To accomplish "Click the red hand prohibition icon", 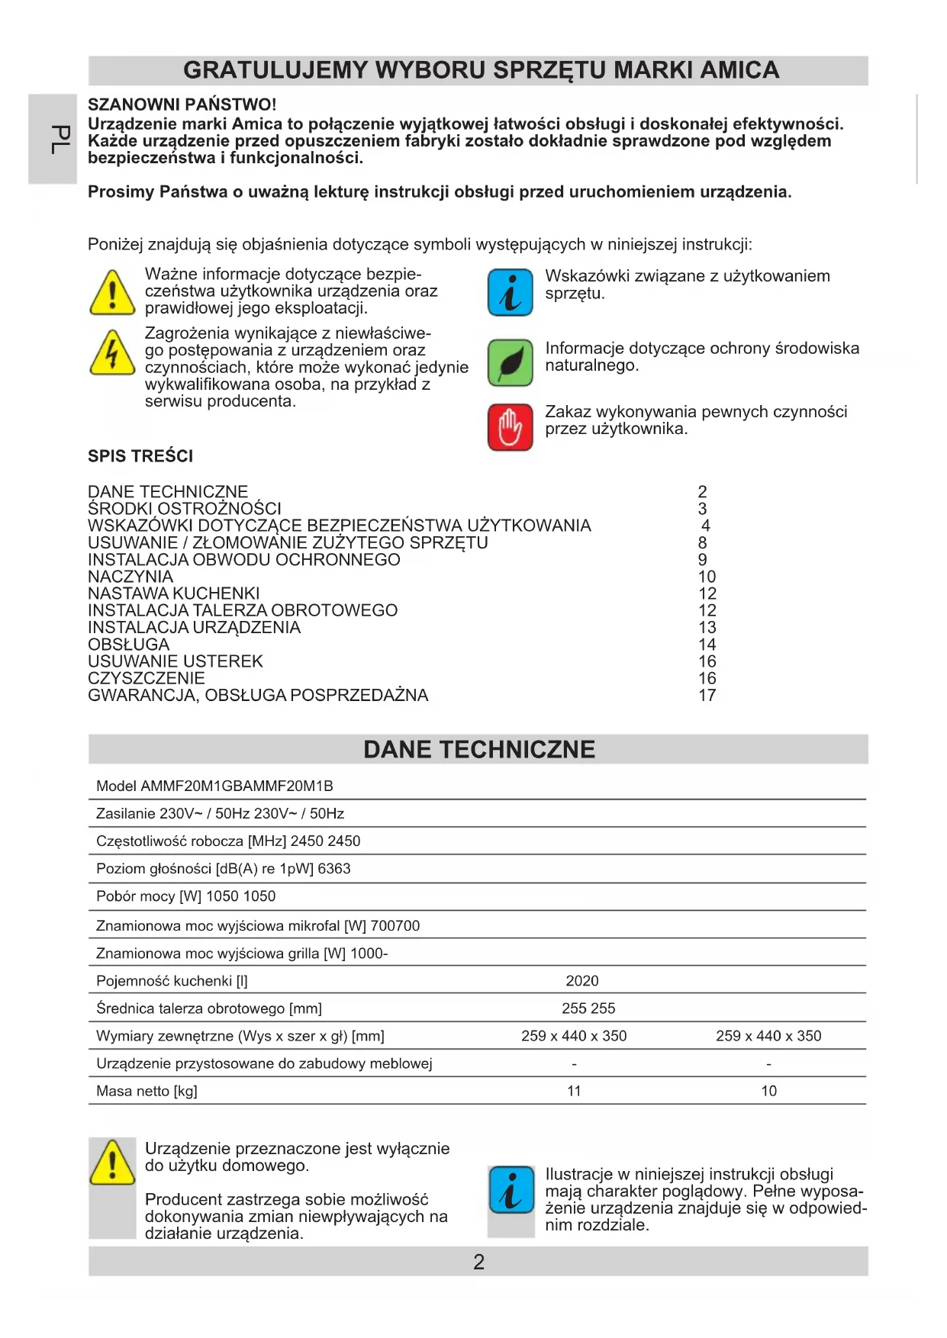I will (x=510, y=427).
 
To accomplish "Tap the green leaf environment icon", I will (x=510, y=363).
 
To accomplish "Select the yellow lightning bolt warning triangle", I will (x=112, y=353).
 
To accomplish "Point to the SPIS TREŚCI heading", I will (x=140, y=456).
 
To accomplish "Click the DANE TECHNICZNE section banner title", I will (x=478, y=749).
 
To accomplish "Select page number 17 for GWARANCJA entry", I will (x=707, y=695).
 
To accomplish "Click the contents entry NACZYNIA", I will (x=130, y=577).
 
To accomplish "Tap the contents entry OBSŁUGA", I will (x=128, y=645).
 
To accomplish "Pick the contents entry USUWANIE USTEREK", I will (x=176, y=661).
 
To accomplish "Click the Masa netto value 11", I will (x=574, y=1091).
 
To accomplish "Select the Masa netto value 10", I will (x=768, y=1091).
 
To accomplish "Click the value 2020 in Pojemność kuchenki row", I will (x=581, y=981).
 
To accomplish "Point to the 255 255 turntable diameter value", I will (x=588, y=1008).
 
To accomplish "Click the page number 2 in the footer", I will (x=478, y=1262).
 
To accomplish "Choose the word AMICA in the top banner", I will (x=739, y=70).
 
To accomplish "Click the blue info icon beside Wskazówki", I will (x=510, y=293).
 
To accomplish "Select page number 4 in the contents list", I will (x=705, y=526).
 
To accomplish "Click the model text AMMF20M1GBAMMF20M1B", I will (x=237, y=786).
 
